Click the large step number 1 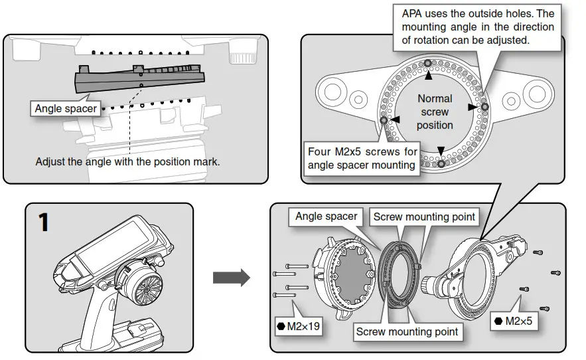coord(43,222)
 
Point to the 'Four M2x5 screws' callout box coord(362,158)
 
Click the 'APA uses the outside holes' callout coord(478,27)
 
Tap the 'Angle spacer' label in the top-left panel coord(66,108)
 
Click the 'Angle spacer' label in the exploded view coord(326,217)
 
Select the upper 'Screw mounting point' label coord(424,217)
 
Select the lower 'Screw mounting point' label coord(407,331)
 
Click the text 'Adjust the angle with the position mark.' coord(127,161)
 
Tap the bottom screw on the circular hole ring coord(441,161)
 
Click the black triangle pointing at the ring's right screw coord(472,106)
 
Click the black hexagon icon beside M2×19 coord(281,326)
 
